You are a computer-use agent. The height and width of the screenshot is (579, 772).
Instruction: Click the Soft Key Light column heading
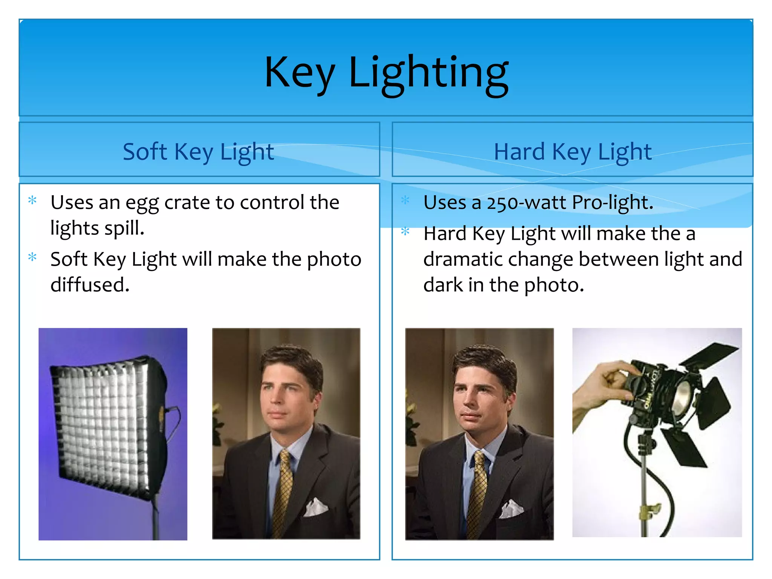coord(198,152)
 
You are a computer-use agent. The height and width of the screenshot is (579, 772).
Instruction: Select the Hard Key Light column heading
coord(572,152)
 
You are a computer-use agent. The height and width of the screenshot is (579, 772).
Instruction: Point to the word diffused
coord(90,285)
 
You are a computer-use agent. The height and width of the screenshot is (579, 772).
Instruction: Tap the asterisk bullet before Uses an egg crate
coord(32,200)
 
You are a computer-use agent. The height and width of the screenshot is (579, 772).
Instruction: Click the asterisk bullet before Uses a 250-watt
coord(405,200)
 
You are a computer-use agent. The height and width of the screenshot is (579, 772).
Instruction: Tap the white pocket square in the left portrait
coord(316,507)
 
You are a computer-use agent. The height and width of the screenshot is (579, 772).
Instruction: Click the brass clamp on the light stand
coord(649,511)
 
